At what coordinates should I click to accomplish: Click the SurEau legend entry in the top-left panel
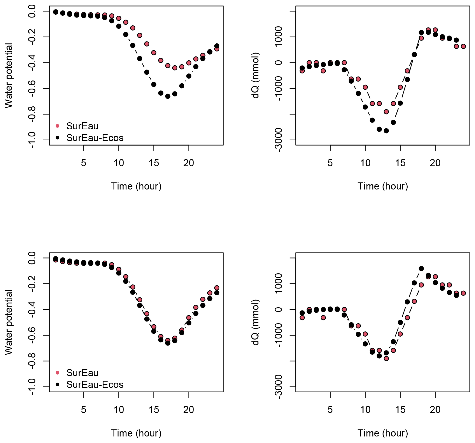pos(82,126)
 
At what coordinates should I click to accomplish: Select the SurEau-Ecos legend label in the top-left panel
pos(95,138)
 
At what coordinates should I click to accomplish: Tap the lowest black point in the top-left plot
pos(168,96)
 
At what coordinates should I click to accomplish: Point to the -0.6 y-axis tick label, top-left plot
pos(32,88)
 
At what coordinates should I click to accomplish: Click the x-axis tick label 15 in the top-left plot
pos(154,163)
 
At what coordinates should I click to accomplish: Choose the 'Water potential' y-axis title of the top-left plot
pos(9,76)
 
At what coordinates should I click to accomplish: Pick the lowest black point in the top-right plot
pos(386,131)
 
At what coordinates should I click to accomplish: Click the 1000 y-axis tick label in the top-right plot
pos(279,37)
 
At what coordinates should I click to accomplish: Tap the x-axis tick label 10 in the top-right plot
pos(365,163)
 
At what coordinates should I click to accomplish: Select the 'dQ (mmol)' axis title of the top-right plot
pos(255,76)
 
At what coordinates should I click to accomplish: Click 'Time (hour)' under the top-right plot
pos(383,186)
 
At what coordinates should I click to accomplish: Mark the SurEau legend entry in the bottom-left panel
pos(82,373)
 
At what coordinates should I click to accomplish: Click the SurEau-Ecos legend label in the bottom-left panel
pos(95,384)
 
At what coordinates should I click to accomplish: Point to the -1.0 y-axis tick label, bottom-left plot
pos(32,387)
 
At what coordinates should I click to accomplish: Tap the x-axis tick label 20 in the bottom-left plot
pos(189,410)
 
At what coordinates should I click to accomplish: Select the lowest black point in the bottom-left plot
pos(168,343)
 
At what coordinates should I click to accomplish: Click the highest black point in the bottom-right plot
pos(421,268)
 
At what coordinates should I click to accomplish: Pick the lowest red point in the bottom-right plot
pos(386,359)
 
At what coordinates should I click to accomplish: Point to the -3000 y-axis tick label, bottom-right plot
pos(279,387)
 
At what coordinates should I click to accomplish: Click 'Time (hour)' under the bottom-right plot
pos(383,433)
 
